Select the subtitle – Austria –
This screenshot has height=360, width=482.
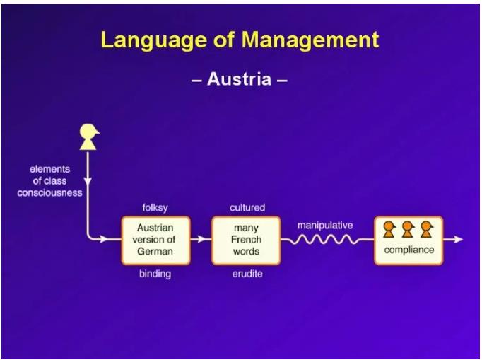240,79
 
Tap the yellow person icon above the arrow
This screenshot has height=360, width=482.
88,137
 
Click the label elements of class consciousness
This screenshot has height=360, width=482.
50,180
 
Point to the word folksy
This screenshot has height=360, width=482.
155,208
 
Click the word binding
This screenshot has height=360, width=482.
155,274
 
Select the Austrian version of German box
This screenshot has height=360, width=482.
155,240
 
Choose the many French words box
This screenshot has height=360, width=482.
246,240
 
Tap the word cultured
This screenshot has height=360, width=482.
247,208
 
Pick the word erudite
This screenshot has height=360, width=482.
247,274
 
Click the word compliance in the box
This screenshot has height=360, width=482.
408,250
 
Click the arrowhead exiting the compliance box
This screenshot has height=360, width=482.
459,240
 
